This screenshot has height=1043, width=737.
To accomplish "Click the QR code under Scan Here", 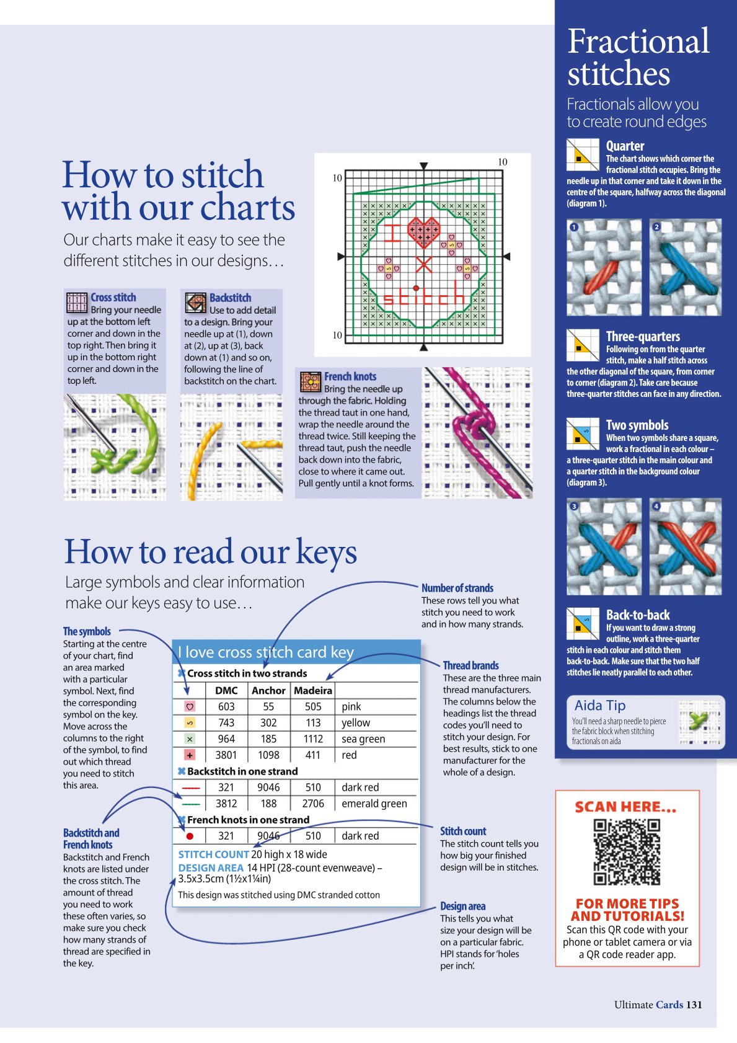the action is point(627,851).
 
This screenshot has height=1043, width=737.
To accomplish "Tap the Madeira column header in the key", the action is point(313,691).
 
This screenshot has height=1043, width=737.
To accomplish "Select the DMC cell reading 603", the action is point(226,706).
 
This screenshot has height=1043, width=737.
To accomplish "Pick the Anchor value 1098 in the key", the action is point(268,755).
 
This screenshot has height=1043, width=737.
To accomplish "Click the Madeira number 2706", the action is point(313,803).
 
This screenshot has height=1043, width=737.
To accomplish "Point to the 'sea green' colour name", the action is point(363,739).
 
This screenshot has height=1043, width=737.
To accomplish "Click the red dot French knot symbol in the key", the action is point(190,836).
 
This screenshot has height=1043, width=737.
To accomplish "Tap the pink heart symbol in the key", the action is point(190,706).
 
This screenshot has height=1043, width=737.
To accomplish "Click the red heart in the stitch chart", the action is point(423,231).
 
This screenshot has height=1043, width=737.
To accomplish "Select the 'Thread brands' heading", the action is point(470,665).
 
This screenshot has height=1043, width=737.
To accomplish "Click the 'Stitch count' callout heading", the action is point(463,831).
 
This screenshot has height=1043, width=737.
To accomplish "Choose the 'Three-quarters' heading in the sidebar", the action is point(643,336).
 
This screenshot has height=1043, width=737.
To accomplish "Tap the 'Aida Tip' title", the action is point(599,706).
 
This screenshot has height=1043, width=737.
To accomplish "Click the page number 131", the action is point(694,1005).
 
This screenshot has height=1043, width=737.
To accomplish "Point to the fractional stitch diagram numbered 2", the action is point(686,267).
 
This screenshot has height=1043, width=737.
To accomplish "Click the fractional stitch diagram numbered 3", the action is point(604,547).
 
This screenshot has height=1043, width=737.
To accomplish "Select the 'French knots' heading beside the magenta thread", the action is point(350,376).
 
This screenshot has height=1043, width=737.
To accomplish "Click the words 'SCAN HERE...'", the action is point(625,807).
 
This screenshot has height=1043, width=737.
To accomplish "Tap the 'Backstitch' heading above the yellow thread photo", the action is point(230,298).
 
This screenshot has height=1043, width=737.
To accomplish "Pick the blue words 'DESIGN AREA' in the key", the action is point(211,868).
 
